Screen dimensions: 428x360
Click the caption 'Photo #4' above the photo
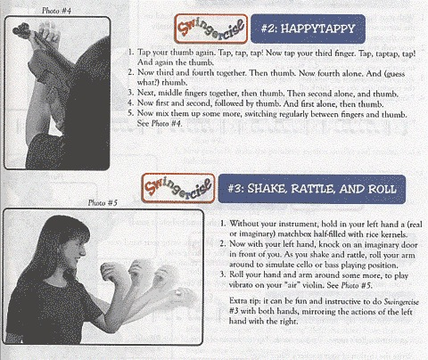(56, 11)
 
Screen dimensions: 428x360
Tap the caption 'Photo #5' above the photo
(103, 203)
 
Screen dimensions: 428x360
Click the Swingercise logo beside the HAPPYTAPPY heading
(211, 29)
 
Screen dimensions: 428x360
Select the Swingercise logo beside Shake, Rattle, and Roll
(178, 188)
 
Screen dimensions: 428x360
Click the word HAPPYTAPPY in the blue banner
(318, 29)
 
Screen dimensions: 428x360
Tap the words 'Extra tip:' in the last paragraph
(245, 301)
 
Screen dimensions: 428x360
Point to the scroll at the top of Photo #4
(21, 30)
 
